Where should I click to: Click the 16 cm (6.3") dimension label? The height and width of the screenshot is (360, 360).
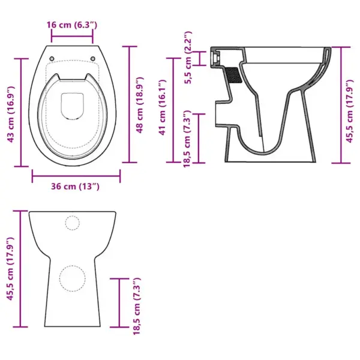[72, 25]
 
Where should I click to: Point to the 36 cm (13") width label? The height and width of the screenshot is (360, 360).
[75, 187]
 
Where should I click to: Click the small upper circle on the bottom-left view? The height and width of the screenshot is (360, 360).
[72, 223]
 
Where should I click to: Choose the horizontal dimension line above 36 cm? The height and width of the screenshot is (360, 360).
[76, 176]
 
